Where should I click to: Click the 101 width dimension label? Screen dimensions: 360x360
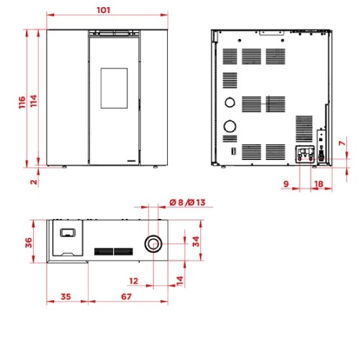pos(104,10)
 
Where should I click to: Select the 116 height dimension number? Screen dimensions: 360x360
pos(22,102)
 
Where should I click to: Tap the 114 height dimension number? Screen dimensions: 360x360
pos(34,101)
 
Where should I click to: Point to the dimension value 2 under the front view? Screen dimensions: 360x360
pos(34,181)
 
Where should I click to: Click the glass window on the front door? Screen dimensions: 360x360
pos(114,88)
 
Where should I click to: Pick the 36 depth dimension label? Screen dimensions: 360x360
pos(29,243)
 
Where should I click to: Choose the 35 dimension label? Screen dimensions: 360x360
pos(66,297)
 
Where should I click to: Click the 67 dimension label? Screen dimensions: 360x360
pos(126,297)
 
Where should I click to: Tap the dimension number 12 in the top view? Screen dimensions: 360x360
pos(134,281)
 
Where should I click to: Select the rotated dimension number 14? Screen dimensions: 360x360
pos(180,281)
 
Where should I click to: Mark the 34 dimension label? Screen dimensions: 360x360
pos(196,241)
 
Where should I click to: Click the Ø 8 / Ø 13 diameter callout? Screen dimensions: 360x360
pos(187,202)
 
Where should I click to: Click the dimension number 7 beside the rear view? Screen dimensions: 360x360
pos(342,143)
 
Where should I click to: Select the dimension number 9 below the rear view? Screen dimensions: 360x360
pos(286,184)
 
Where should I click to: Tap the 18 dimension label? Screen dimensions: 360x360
pos(318,184)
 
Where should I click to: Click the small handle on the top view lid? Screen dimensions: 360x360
pos(68,233)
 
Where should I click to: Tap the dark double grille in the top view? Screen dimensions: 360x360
pos(114,251)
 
